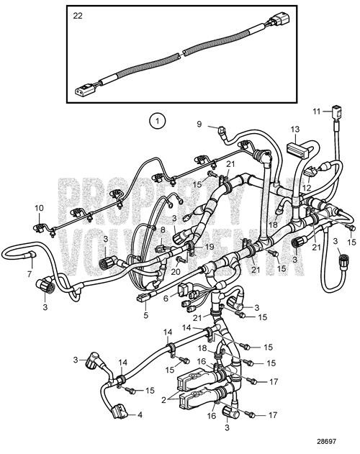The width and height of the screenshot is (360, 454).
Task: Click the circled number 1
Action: click(156, 121)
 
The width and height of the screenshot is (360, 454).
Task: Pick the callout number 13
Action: click(294, 130)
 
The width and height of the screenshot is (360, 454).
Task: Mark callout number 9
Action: click(199, 124)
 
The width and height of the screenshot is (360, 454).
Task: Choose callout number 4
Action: click(139, 415)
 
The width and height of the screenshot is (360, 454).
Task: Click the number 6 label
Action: click(166, 298)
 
